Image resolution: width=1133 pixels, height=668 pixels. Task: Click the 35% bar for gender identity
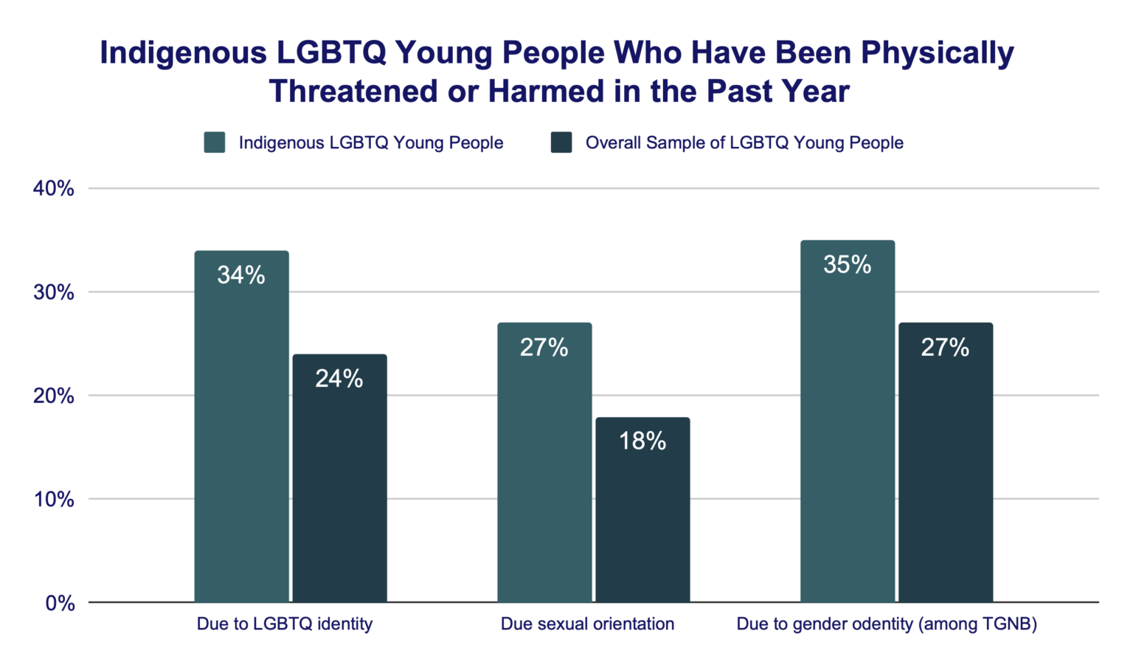point(847,421)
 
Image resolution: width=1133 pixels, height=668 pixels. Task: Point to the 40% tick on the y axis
point(54,189)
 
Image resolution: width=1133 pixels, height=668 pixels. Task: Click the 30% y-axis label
point(54,292)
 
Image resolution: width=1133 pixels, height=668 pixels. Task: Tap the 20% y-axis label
point(54,396)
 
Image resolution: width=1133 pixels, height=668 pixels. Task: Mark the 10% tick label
point(54,500)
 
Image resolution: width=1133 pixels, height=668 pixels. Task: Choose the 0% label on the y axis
point(60,604)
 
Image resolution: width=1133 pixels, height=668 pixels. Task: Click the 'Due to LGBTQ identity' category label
point(284,624)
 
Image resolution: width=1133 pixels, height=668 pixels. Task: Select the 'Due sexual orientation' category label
point(587,624)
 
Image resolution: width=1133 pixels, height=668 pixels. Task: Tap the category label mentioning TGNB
point(887,624)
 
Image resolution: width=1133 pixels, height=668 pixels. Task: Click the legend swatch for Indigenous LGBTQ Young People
point(215,142)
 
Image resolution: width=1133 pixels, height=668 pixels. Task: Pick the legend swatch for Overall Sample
point(561,142)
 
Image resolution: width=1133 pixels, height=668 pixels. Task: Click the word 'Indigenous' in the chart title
point(184,53)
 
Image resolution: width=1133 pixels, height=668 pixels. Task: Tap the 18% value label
point(642,441)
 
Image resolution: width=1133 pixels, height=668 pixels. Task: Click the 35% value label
point(847,264)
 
